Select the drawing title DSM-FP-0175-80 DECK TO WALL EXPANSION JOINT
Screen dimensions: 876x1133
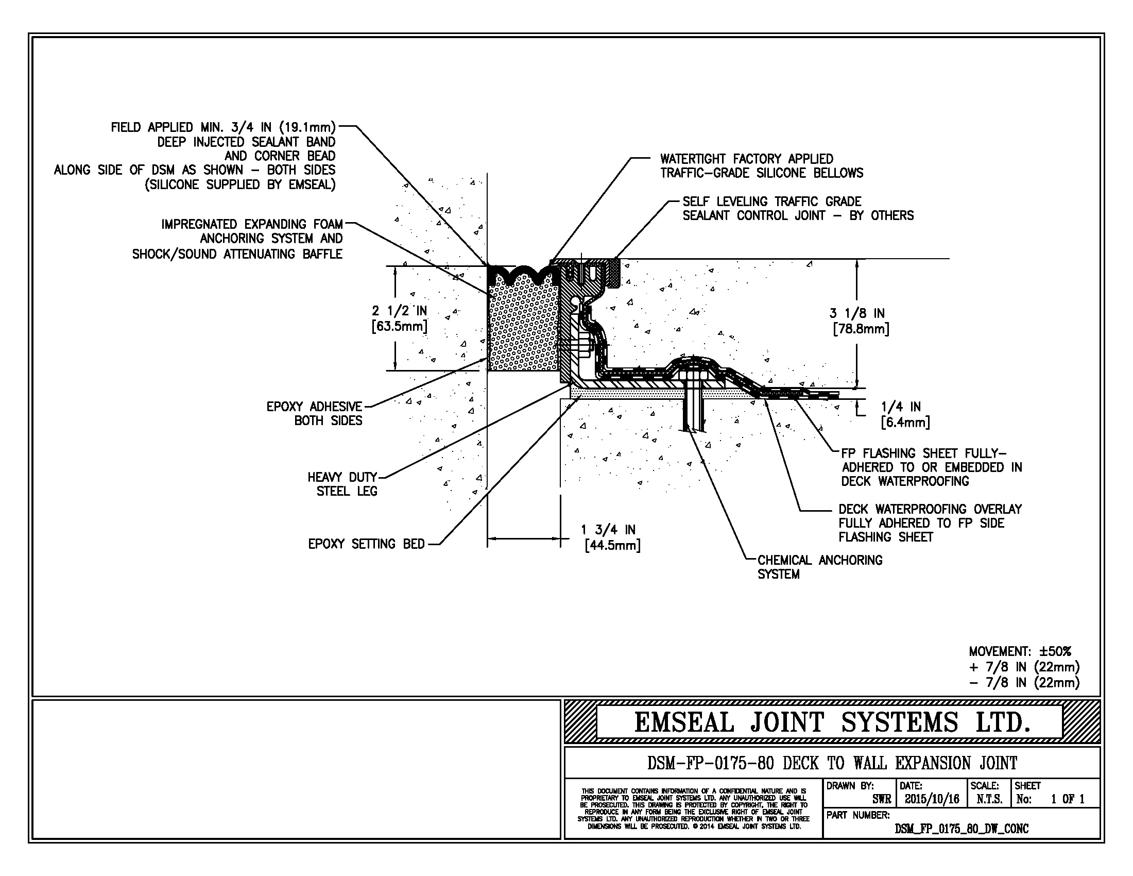click(832, 763)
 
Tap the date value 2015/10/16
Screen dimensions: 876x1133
click(932, 799)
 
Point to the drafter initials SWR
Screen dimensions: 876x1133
click(881, 800)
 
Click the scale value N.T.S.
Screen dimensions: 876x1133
click(989, 799)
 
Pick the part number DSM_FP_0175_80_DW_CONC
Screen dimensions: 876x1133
click(962, 829)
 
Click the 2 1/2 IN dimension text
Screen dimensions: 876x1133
click(399, 318)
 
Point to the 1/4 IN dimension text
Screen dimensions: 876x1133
click(905, 414)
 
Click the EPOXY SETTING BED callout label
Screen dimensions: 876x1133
click(366, 544)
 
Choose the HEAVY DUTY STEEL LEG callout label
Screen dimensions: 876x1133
click(342, 484)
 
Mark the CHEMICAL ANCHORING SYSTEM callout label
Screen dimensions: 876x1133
click(819, 567)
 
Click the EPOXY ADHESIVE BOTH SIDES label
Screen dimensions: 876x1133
click(314, 413)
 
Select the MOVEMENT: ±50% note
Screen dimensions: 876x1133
click(1019, 651)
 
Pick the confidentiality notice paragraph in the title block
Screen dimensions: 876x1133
click(693, 808)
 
